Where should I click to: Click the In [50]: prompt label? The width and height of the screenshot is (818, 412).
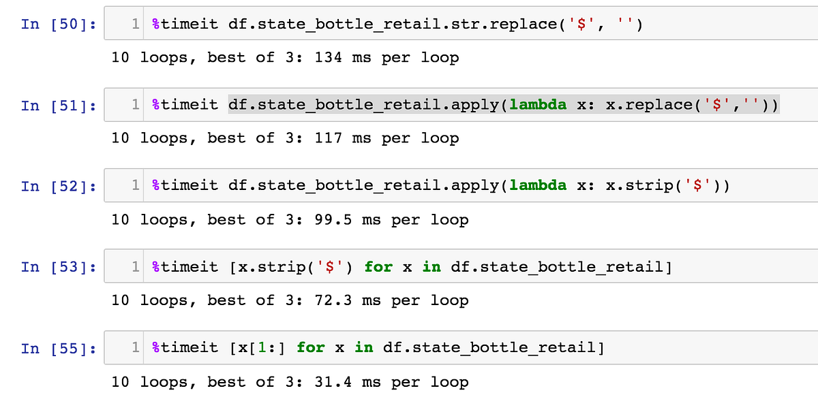59,24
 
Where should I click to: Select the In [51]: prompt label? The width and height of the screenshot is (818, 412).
59,106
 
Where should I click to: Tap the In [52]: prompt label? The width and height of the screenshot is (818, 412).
59,186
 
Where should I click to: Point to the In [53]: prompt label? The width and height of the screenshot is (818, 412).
59,267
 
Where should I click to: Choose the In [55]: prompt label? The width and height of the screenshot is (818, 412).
59,349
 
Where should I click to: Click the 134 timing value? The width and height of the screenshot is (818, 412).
329,57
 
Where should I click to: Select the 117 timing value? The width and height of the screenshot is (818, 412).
329,138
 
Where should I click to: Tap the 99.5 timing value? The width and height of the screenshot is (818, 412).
333,220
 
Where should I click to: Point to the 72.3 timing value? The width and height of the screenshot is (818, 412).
333,300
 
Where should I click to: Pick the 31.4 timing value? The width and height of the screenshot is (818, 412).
333,382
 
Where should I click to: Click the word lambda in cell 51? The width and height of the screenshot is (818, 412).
538,105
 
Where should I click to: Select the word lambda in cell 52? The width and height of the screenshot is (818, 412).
538,185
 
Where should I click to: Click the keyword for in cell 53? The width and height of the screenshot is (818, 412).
378,267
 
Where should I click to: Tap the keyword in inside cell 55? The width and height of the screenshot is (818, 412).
364,347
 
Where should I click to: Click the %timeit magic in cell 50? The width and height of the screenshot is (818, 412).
185,24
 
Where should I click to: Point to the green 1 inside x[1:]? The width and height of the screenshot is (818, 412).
262,347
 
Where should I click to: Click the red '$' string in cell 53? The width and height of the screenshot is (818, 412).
330,267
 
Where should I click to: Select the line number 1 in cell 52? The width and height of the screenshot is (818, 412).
136,185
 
